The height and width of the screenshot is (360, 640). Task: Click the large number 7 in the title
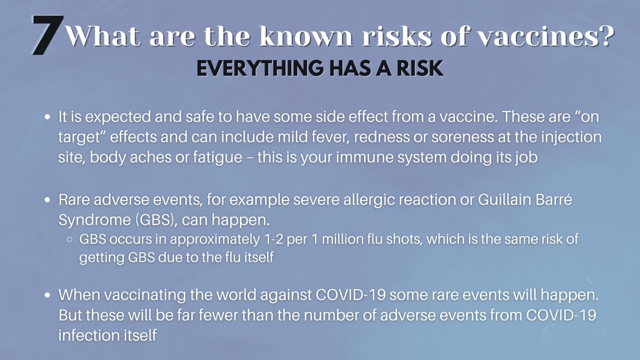(47, 35)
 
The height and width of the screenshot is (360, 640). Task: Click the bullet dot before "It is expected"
(48, 116)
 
